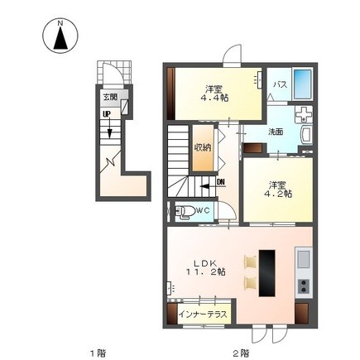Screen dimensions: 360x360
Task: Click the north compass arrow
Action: click(x=60, y=38)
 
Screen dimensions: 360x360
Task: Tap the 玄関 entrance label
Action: click(x=110, y=97)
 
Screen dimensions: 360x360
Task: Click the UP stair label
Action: click(x=106, y=113)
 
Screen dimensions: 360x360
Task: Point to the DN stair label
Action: click(x=221, y=182)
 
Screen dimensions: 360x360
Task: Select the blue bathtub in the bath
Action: click(x=302, y=84)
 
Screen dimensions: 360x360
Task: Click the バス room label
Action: click(x=280, y=84)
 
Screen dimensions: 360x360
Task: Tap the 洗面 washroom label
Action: click(x=276, y=132)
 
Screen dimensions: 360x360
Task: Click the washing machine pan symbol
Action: click(x=304, y=114)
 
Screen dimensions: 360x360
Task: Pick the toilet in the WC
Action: click(x=184, y=212)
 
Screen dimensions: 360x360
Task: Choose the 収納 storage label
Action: click(x=203, y=147)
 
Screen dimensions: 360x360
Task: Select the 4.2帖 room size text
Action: click(x=278, y=194)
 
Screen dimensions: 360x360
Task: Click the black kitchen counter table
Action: click(x=267, y=273)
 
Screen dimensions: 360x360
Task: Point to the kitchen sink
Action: click(x=304, y=259)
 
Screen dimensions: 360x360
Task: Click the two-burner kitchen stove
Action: click(x=304, y=286)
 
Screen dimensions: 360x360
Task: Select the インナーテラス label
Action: click(x=204, y=314)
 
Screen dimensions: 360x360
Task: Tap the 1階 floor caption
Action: click(x=98, y=353)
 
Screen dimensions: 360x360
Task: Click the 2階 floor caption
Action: click(x=241, y=353)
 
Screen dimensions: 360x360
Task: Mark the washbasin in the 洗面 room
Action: click(x=306, y=135)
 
